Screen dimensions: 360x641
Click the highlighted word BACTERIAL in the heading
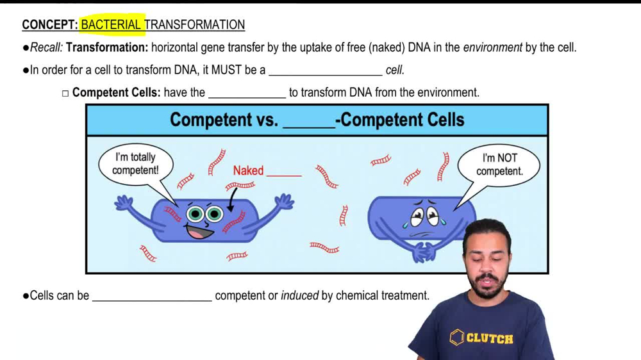[111, 25]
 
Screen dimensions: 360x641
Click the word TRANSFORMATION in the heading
[196, 25]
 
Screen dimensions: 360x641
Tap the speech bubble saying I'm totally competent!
[135, 164]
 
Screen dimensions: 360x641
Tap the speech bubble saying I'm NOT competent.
[499, 165]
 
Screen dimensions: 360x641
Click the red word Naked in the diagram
[248, 170]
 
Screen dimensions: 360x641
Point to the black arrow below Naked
[233, 200]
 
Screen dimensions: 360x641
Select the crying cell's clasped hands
[424, 251]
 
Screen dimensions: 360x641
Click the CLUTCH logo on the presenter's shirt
[481, 338]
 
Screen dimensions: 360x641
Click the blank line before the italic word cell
[325, 70]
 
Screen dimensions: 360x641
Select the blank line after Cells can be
[152, 296]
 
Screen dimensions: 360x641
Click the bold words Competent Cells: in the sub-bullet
[116, 93]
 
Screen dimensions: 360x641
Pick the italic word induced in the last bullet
[299, 296]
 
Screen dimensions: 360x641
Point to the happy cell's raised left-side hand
[124, 203]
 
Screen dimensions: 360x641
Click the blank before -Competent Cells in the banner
[308, 120]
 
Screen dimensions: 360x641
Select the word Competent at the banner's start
[211, 120]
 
